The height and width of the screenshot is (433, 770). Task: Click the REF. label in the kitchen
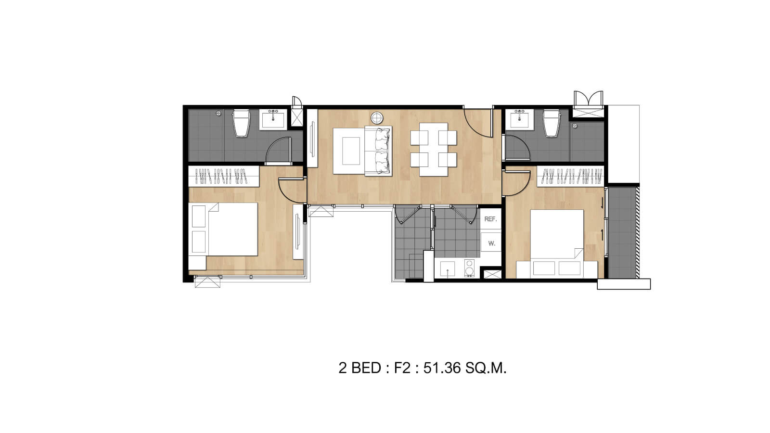tap(490, 219)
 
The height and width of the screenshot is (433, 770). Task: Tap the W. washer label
tap(491, 243)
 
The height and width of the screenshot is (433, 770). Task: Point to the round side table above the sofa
tap(377, 117)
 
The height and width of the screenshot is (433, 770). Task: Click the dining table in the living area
tap(434, 150)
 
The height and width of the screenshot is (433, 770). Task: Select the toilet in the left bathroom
tap(241, 123)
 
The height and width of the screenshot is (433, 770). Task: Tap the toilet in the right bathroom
tap(552, 123)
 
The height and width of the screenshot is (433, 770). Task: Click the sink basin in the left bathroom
tap(273, 120)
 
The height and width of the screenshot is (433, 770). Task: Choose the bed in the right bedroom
tap(557, 243)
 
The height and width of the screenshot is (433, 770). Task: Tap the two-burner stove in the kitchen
tap(469, 268)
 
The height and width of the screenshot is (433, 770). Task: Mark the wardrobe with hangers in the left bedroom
tap(224, 176)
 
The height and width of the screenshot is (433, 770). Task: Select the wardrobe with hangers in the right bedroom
tap(570, 176)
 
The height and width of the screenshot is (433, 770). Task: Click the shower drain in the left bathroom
tap(218, 113)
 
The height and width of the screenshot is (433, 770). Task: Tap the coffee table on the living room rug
tap(351, 151)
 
